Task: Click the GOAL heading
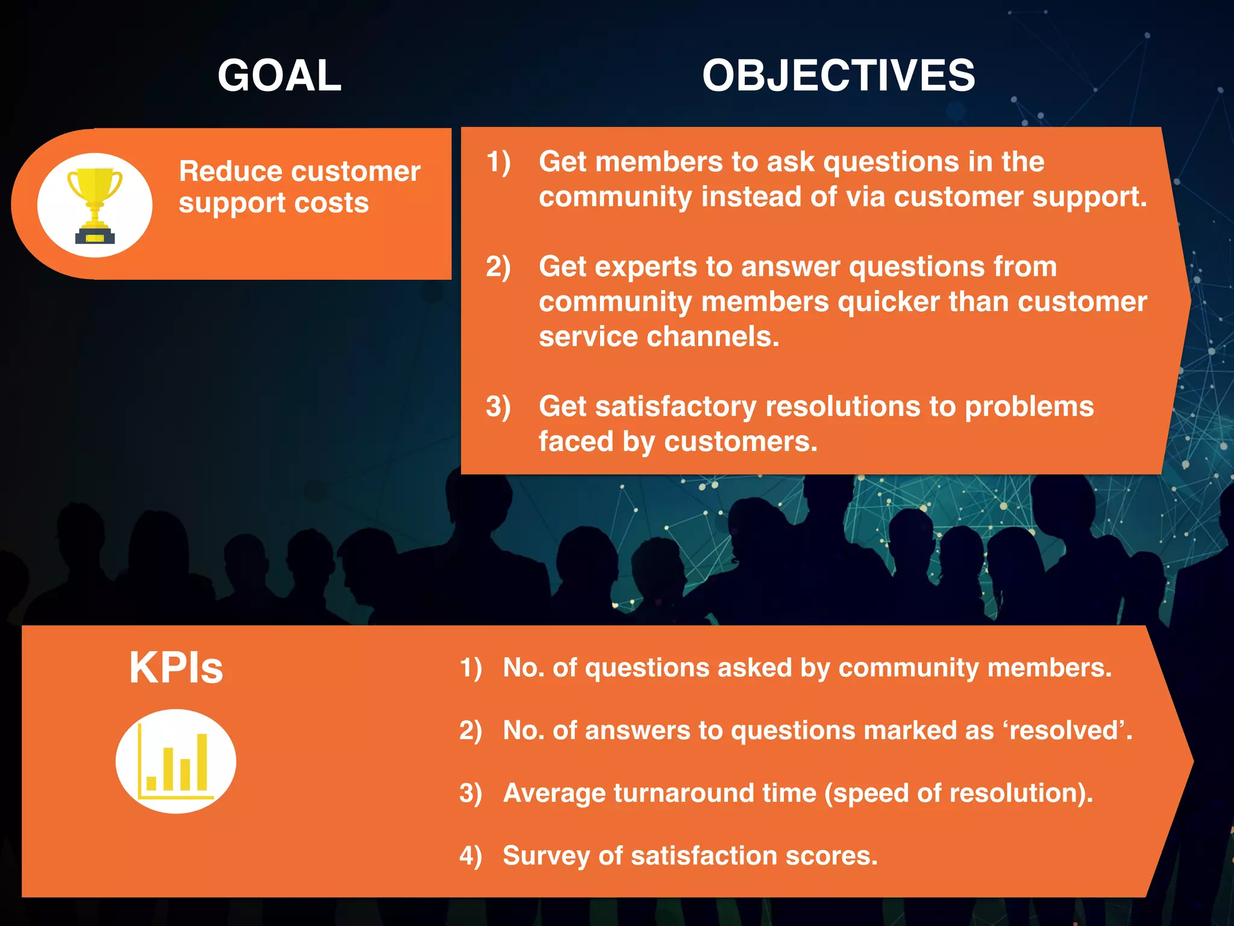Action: click(279, 75)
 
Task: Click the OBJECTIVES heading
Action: click(838, 75)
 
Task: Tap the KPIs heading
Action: click(176, 667)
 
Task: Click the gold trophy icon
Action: click(95, 205)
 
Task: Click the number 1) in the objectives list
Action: click(498, 162)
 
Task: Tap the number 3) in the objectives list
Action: click(498, 406)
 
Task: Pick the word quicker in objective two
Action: click(888, 301)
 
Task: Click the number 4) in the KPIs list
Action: click(471, 855)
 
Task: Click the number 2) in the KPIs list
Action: click(471, 730)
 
